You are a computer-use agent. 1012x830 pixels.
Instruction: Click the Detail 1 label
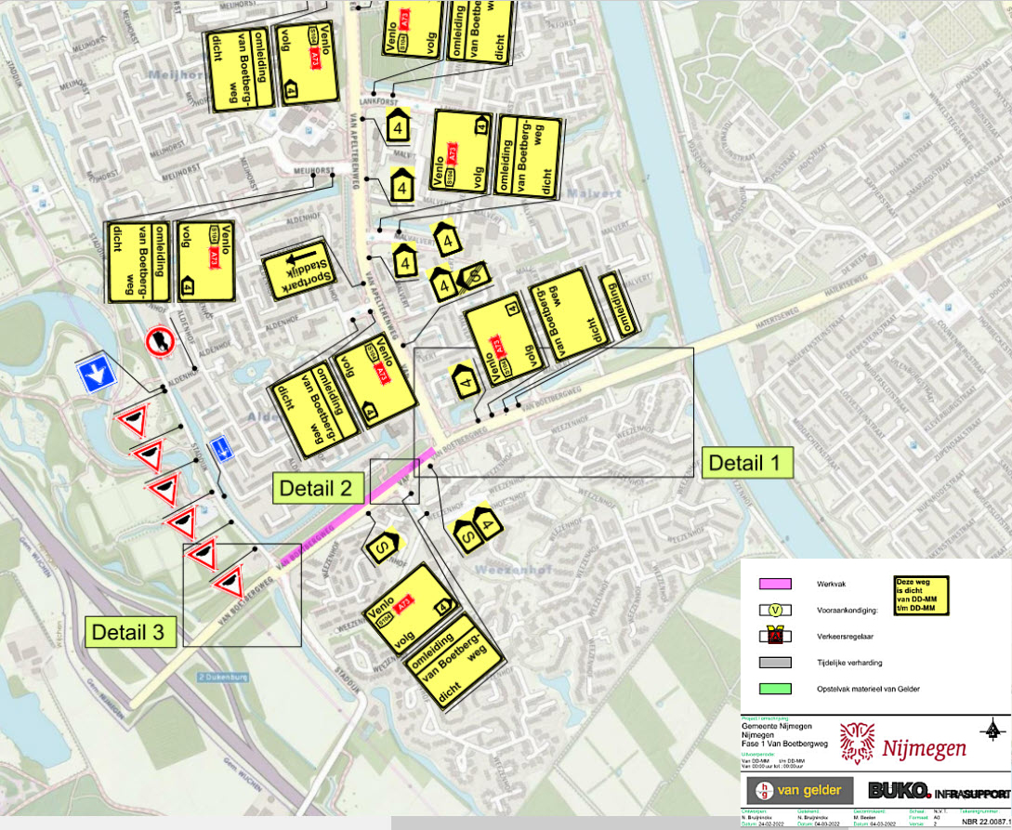point(747,462)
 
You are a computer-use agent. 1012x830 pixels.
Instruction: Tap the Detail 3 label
point(131,633)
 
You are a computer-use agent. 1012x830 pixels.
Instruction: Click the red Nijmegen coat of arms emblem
point(856,744)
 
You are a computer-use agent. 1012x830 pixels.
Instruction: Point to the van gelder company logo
point(800,791)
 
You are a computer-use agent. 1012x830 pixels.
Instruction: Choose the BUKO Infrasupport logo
point(938,791)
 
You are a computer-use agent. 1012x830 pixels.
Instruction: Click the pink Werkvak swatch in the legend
point(775,584)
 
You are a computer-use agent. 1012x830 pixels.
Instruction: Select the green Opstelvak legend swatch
point(775,689)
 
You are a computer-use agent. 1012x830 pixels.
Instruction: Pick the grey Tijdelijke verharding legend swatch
point(775,663)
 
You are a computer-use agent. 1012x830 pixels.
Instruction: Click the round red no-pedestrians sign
point(160,341)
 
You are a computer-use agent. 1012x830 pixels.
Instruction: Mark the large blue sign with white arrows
point(96,373)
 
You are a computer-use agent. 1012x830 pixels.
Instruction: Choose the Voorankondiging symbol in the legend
point(775,610)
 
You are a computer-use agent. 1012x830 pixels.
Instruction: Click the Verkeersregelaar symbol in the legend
point(775,637)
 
